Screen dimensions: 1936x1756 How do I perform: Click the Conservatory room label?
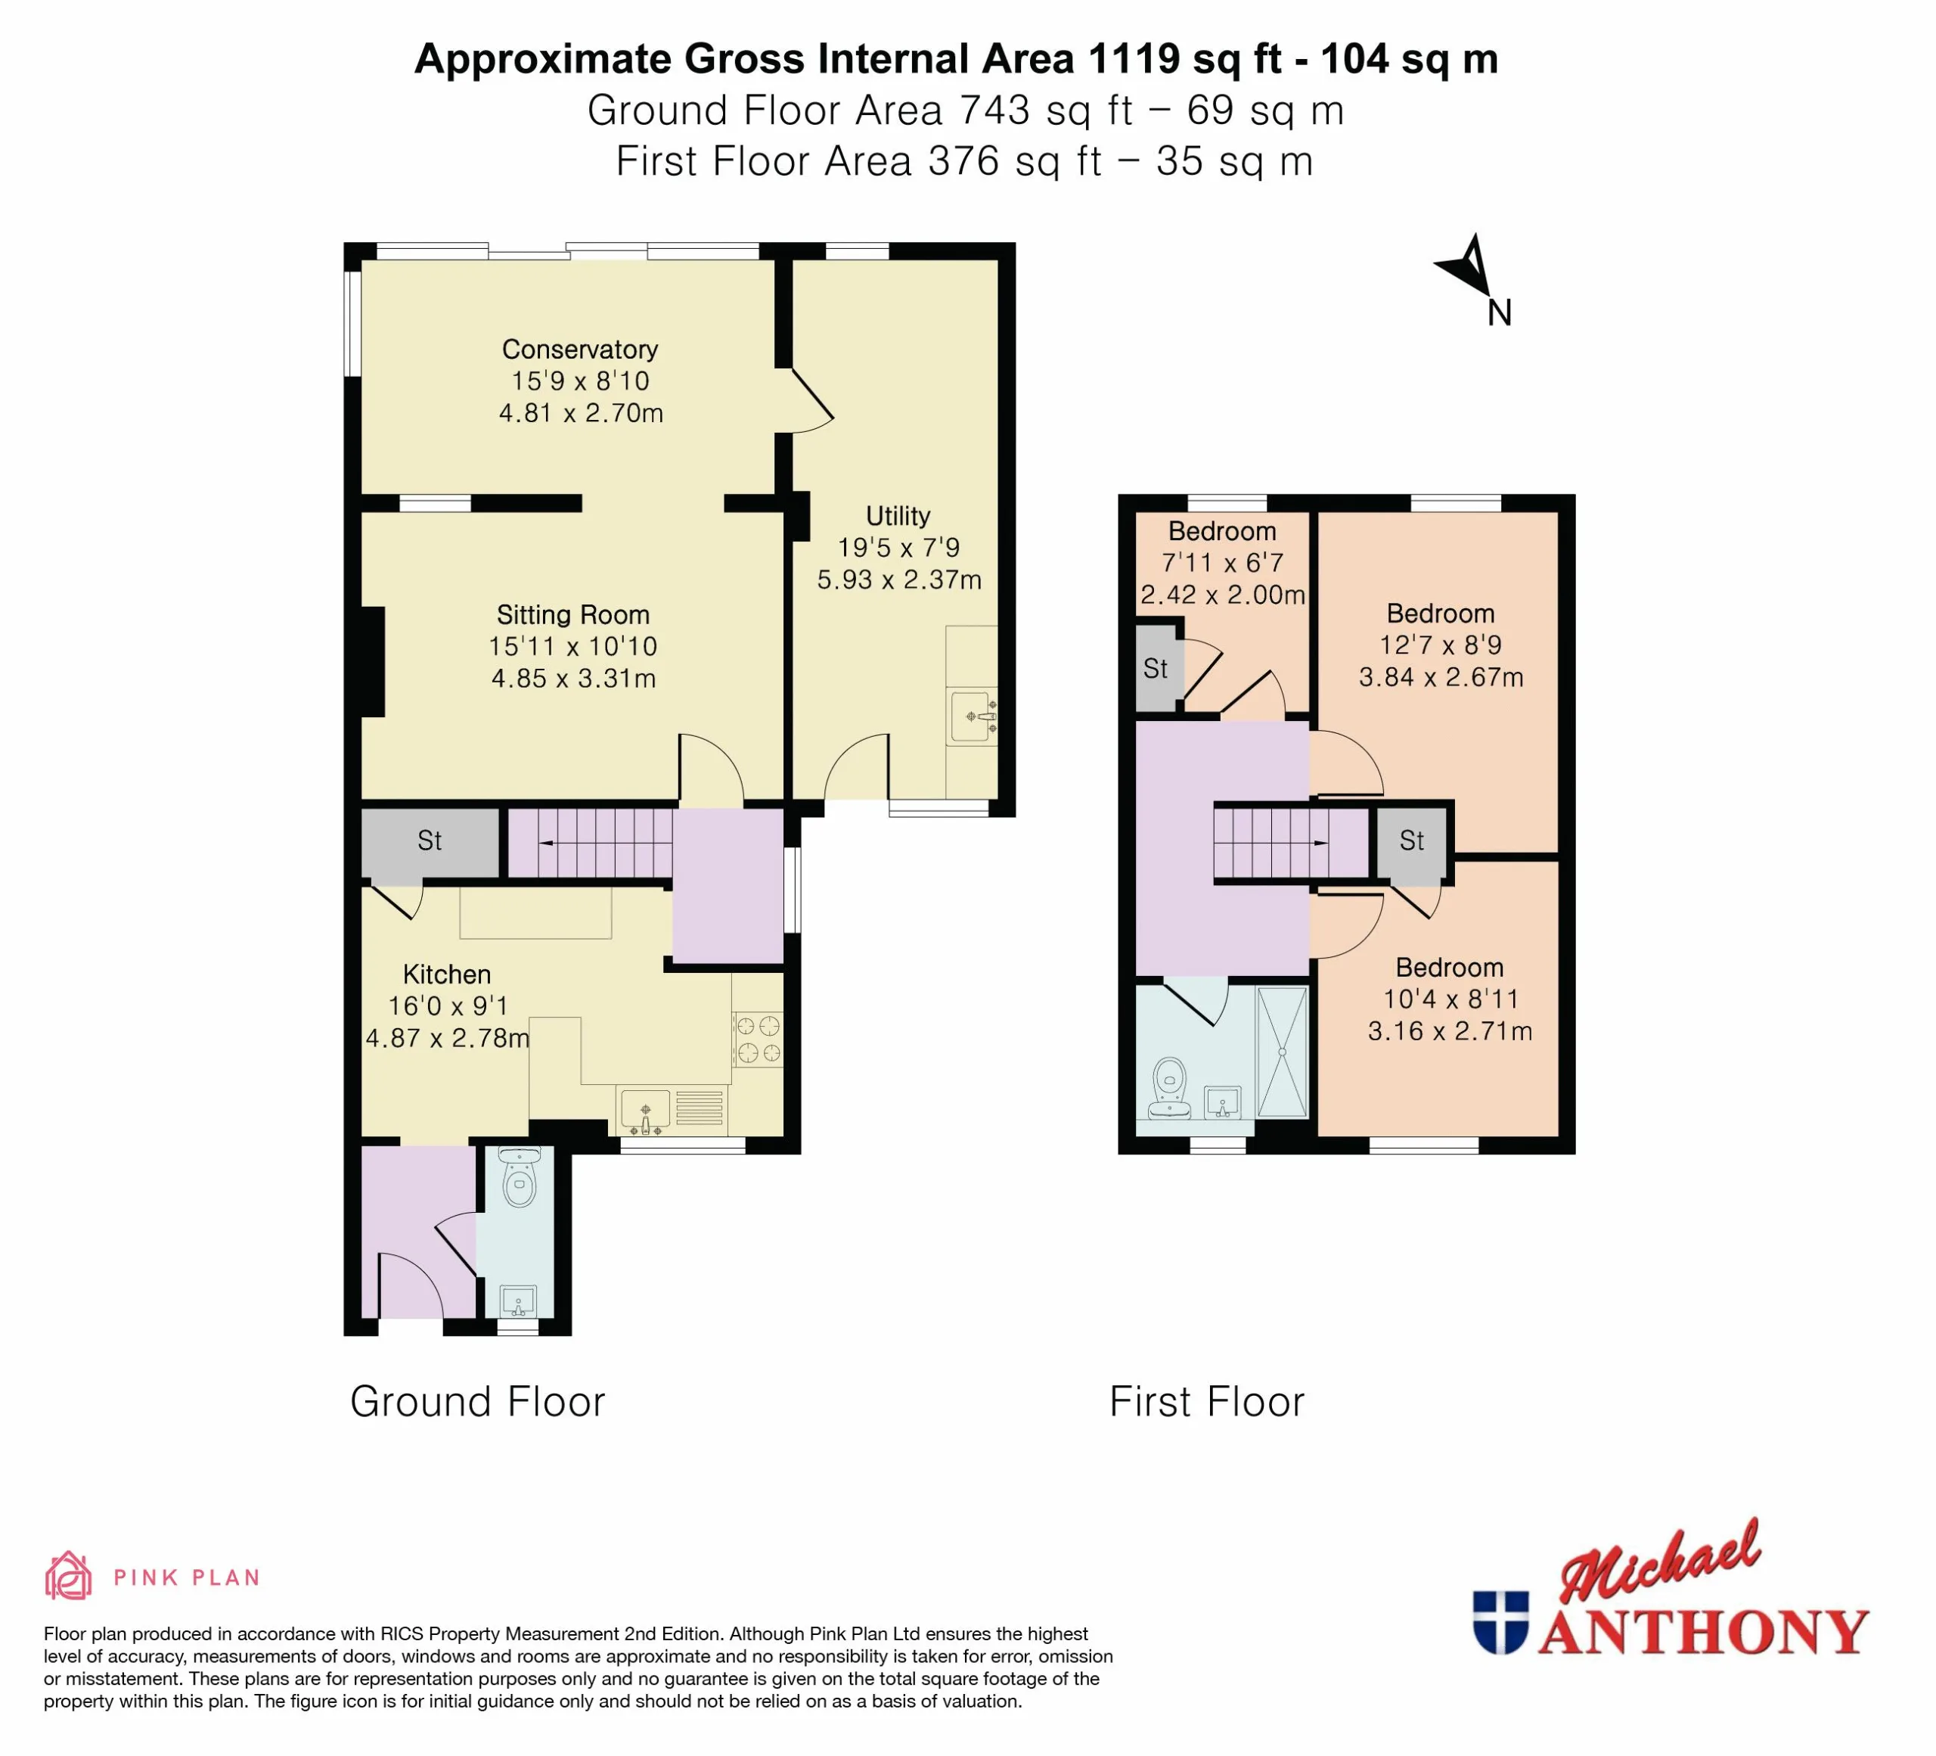(x=580, y=350)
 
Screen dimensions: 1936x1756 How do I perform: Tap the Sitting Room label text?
(x=573, y=615)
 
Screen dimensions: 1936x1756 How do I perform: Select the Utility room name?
(x=898, y=516)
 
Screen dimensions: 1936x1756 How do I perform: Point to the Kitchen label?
(x=446, y=974)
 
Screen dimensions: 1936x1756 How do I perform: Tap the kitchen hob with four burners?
(x=758, y=1040)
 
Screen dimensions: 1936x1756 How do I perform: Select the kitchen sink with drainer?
(x=672, y=1111)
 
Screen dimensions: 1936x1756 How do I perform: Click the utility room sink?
(x=972, y=716)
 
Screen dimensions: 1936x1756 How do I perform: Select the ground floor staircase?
(x=591, y=843)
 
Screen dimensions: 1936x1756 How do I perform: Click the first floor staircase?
(x=1291, y=844)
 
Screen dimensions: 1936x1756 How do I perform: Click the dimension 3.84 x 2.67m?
(x=1441, y=677)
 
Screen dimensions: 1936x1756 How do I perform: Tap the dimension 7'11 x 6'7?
(x=1223, y=563)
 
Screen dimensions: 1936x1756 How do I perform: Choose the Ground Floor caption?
(x=477, y=1401)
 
